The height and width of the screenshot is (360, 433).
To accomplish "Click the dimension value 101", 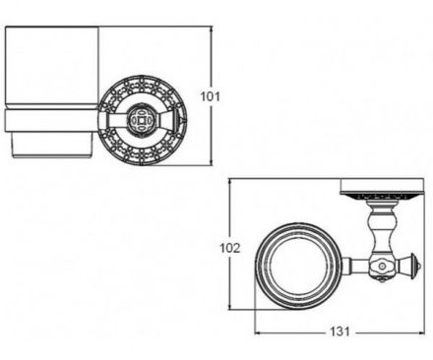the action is tap(211, 96).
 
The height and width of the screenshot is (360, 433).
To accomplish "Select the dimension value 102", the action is tap(230, 248).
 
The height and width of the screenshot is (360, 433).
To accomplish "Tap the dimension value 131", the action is tap(340, 331).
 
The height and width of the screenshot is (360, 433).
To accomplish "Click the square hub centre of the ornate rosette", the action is tap(141, 120).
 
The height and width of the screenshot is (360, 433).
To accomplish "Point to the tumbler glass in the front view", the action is tap(51, 67).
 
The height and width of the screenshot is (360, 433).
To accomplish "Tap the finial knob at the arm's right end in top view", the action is tap(413, 266).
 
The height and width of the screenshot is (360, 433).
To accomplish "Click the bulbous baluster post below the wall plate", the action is tap(382, 228).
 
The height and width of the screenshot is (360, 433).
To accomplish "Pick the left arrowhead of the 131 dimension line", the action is tap(258, 333).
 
